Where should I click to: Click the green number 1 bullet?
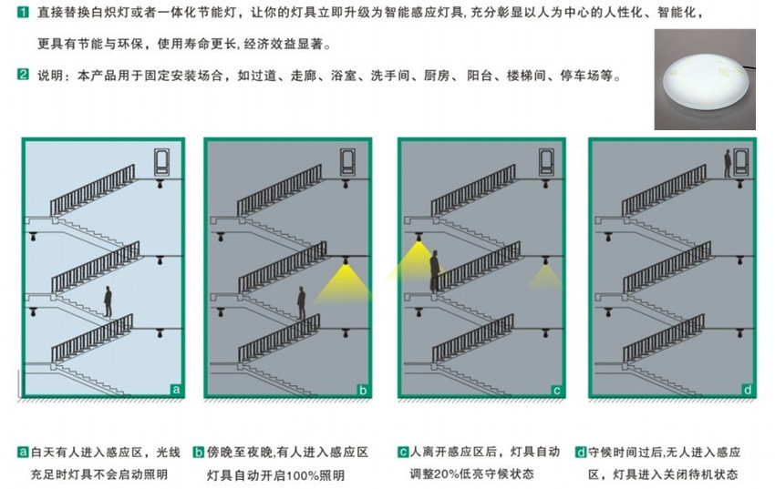point(23,11)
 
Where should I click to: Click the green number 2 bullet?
point(23,75)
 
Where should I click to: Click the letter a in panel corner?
point(176,390)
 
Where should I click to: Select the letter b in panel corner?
point(363,391)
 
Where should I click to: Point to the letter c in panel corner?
point(556,391)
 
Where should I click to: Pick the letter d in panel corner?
point(748,391)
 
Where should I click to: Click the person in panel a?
point(108,301)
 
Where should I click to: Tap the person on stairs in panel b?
point(301,302)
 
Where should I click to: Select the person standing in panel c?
point(434,270)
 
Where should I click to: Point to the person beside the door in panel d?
point(728,164)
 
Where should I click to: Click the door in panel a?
point(161,162)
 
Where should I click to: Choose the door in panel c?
point(546,162)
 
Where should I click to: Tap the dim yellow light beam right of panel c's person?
point(545,276)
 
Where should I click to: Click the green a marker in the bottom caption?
point(23,452)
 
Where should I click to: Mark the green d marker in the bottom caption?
point(582,452)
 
